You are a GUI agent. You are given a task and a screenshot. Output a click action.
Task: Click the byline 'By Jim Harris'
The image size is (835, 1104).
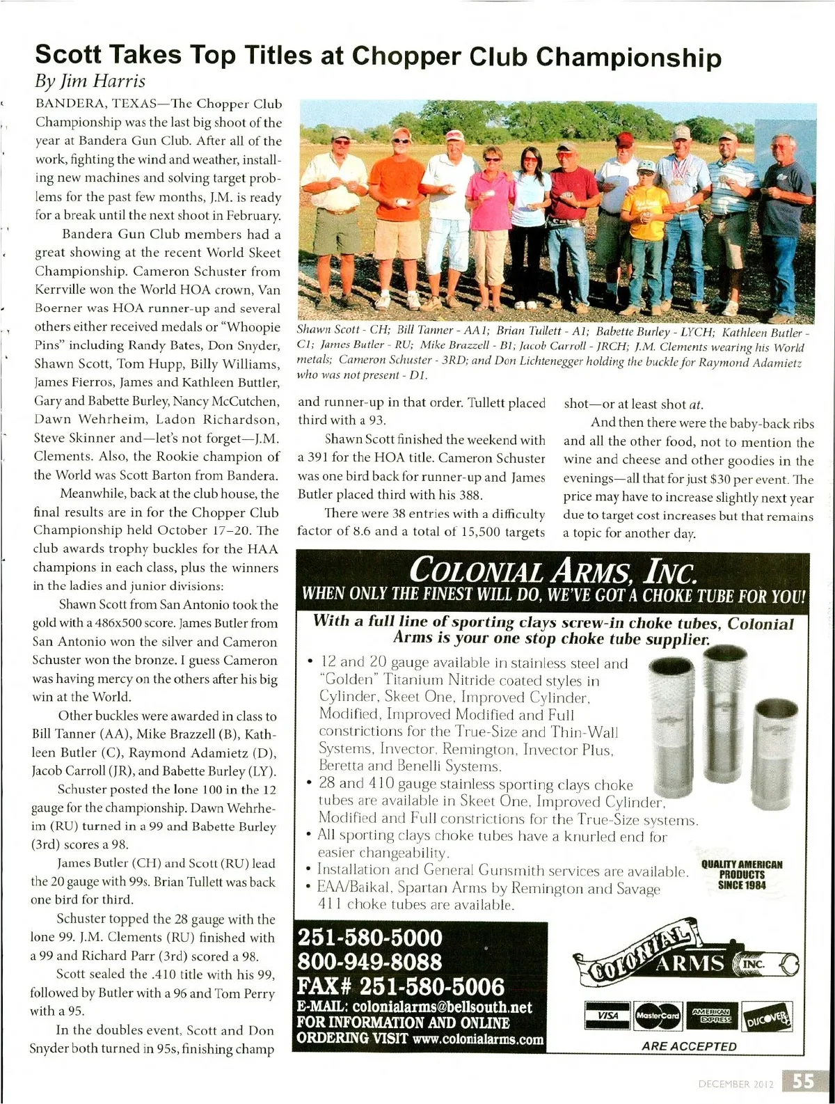90,81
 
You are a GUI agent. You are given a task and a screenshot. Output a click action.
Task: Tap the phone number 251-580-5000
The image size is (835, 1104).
369,937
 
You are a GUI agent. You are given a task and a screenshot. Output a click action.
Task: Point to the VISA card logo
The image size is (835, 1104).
607,1016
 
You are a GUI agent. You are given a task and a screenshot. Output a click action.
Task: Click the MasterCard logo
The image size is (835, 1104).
658,1016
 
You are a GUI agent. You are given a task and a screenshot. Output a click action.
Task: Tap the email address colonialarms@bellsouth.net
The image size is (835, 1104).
443,1007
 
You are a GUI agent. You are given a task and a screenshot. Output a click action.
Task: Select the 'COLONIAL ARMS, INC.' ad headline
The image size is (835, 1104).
553,570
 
